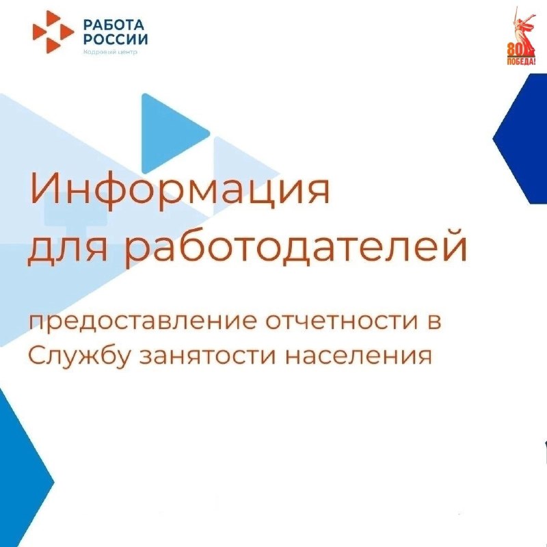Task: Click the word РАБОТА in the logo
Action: click(114, 25)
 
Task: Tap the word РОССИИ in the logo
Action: click(116, 40)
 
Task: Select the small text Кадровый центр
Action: click(110, 52)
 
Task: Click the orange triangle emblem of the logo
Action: click(53, 31)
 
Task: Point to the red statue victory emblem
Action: click(521, 36)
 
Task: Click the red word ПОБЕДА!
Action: click(521, 62)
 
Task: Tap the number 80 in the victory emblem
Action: click(513, 51)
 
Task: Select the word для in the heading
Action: click(68, 249)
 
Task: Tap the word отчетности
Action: click(341, 321)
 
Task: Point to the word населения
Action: click(358, 356)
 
